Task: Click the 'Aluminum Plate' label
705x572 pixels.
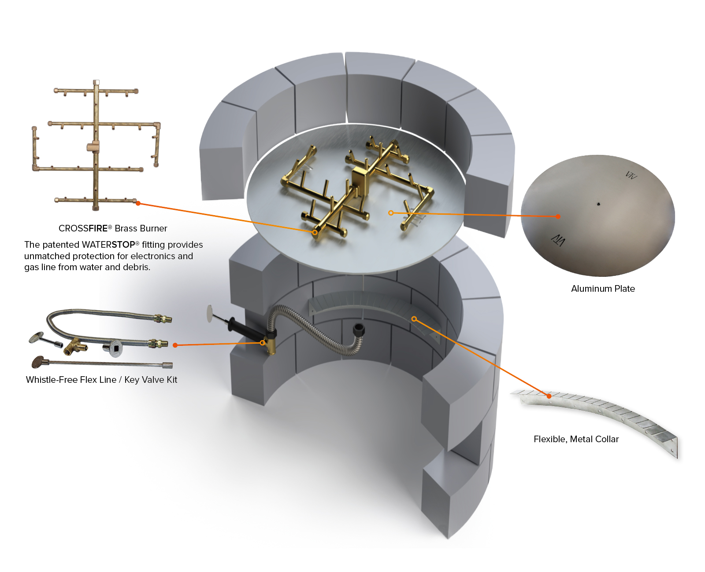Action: pos(602,289)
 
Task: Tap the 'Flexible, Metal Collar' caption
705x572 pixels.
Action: pos(576,439)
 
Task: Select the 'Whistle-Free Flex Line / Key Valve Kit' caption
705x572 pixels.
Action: pos(101,380)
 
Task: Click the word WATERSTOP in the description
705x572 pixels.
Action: pos(108,245)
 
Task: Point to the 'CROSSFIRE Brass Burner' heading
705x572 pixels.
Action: pos(113,228)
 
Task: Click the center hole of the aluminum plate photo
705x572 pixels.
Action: pos(598,204)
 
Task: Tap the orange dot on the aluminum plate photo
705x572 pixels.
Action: pos(558,216)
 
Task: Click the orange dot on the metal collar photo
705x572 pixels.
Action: pos(549,396)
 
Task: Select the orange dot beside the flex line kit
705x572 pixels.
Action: pos(175,345)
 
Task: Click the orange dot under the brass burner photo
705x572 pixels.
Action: pos(138,203)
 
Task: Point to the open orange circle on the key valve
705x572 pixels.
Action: pos(263,343)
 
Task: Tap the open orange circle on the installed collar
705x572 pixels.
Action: pos(414,319)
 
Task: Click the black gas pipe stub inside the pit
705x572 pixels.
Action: pos(359,330)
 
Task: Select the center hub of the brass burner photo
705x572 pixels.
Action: pos(93,147)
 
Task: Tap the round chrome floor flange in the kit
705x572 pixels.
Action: pos(113,347)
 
